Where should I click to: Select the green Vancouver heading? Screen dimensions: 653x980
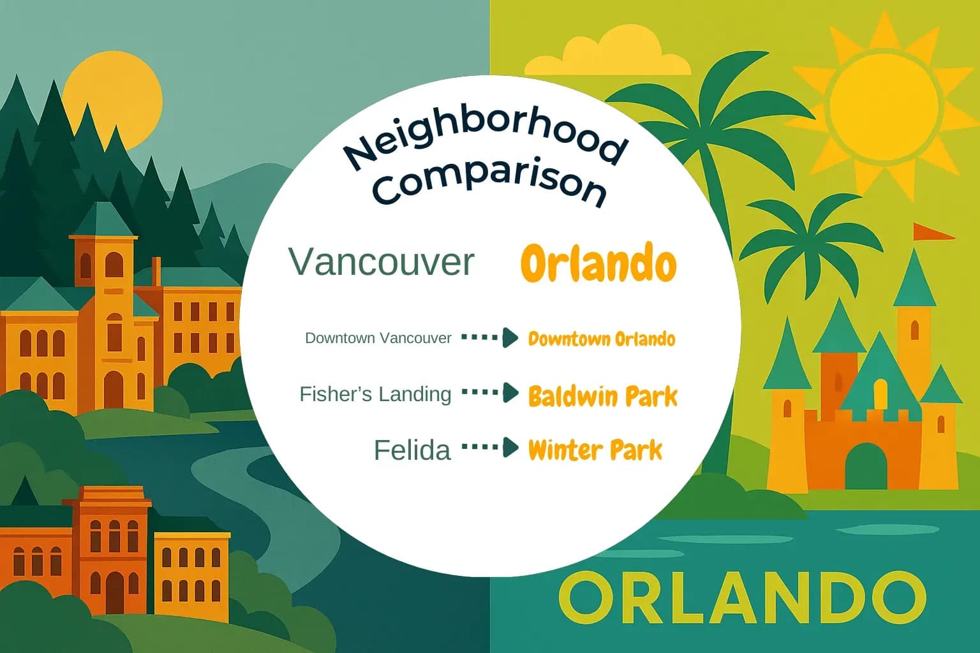[382, 262]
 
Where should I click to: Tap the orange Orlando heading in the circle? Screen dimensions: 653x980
[598, 263]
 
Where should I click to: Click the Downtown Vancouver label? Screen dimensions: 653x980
[378, 338]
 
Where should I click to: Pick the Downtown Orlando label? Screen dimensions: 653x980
[601, 339]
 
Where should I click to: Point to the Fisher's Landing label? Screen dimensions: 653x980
[375, 394]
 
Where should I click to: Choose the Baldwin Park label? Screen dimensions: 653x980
[602, 396]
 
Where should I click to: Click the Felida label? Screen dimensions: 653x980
[412, 450]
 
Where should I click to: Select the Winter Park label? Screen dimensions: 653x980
[595, 450]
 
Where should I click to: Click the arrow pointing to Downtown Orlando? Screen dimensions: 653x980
[489, 337]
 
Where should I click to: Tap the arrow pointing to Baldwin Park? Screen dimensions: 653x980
[489, 393]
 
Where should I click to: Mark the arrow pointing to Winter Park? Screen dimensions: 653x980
[489, 448]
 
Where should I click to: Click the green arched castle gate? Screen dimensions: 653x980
[866, 466]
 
